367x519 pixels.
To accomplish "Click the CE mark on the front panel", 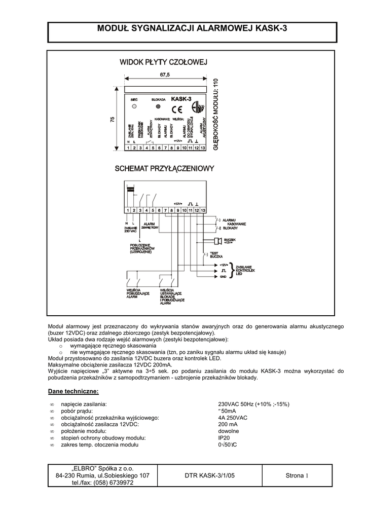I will click(177, 109).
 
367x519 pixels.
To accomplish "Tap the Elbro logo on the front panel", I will click(200, 107).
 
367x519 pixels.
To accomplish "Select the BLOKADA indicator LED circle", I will click(158, 107).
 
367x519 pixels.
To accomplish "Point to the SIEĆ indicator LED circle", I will click(134, 107).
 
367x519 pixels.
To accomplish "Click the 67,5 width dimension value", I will click(165, 75).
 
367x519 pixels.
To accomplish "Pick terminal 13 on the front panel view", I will click(203, 148).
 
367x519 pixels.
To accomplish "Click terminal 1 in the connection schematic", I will click(128, 210).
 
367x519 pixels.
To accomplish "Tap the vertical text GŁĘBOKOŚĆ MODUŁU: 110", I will click(215, 114).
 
